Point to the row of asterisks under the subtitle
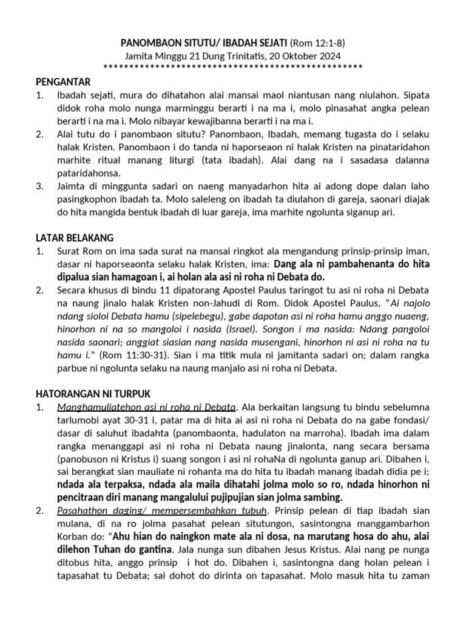pyautogui.click(x=233, y=66)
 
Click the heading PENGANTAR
pyautogui.click(x=62, y=82)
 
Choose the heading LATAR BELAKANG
pyautogui.click(x=74, y=237)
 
